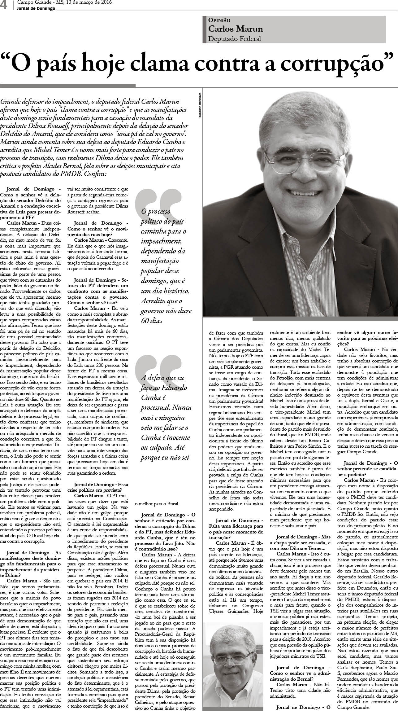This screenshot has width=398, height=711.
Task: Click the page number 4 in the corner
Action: (4, 5)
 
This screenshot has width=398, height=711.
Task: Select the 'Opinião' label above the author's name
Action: (219, 20)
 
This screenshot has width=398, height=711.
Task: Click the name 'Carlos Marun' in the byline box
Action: (236, 29)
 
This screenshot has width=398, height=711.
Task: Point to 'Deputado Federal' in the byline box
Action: (235, 39)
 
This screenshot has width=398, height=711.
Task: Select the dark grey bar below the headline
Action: (68, 85)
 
